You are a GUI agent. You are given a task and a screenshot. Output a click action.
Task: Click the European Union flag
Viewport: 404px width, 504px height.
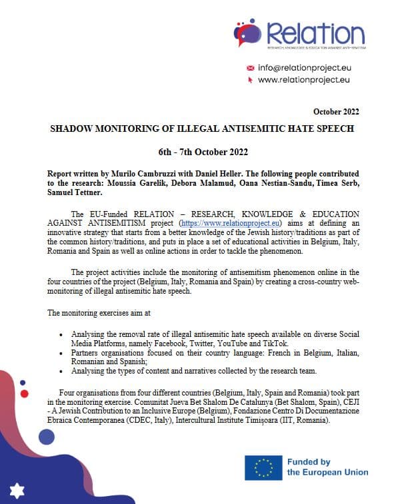pos(263,467)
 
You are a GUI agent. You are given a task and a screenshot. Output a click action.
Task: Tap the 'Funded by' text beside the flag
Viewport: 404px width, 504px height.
pos(309,462)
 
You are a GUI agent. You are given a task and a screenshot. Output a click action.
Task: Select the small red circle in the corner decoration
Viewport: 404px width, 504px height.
pos(25,393)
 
